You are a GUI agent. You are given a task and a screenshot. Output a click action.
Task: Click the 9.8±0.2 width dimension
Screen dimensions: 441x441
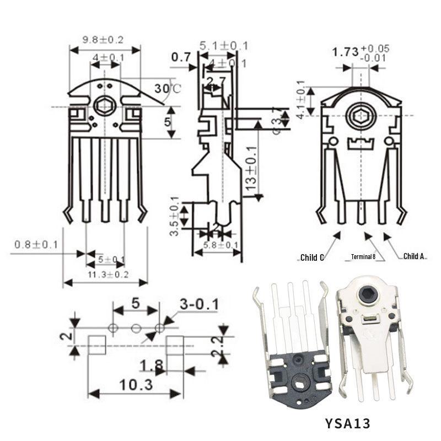pos(103,40)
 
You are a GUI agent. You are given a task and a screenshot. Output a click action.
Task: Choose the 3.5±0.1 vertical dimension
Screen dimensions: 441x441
pos(174,216)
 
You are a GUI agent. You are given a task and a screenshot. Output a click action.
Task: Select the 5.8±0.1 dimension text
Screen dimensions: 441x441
pos(220,245)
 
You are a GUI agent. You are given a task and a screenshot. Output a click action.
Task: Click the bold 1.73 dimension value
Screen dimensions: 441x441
pos(345,53)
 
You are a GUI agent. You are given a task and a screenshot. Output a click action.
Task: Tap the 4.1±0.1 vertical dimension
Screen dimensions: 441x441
pos(300,100)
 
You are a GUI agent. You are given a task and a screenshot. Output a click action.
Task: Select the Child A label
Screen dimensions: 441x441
pos(414,256)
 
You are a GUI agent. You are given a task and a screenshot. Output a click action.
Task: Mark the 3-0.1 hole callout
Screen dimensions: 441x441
pos(199,304)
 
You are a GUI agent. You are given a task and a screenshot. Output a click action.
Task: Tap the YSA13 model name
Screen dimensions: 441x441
pos(348,423)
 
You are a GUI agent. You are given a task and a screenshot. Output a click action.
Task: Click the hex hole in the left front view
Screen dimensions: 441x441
pos(103,105)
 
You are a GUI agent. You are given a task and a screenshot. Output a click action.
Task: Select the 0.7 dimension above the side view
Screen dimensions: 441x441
pos(180,57)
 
